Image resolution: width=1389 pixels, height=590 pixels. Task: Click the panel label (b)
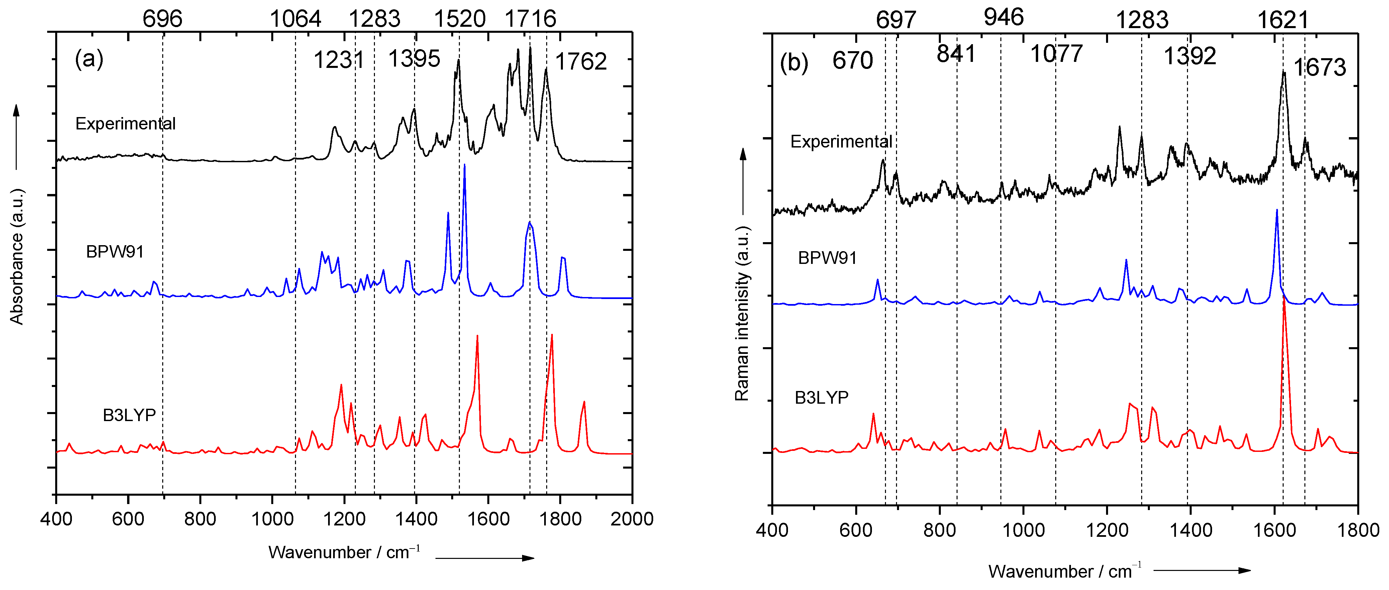click(x=794, y=63)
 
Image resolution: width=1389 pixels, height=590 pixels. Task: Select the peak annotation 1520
click(x=460, y=19)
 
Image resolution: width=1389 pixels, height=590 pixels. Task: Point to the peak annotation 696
click(x=162, y=19)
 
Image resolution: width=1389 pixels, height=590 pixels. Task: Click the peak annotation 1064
click(x=295, y=19)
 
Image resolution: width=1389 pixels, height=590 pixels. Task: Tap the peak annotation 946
click(x=1003, y=17)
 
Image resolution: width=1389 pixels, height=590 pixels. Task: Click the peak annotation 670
click(x=853, y=61)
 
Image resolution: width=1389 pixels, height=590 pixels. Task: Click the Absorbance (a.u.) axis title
click(x=17, y=256)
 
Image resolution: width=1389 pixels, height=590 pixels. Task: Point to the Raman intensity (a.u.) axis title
click(x=742, y=313)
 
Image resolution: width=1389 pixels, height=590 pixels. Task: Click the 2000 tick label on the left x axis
click(x=631, y=519)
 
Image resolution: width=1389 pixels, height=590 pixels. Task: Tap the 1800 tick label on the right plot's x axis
click(x=1358, y=530)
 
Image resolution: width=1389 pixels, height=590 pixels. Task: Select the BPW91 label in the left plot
click(x=115, y=252)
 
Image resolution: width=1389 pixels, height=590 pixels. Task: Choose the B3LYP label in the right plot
click(x=821, y=397)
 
